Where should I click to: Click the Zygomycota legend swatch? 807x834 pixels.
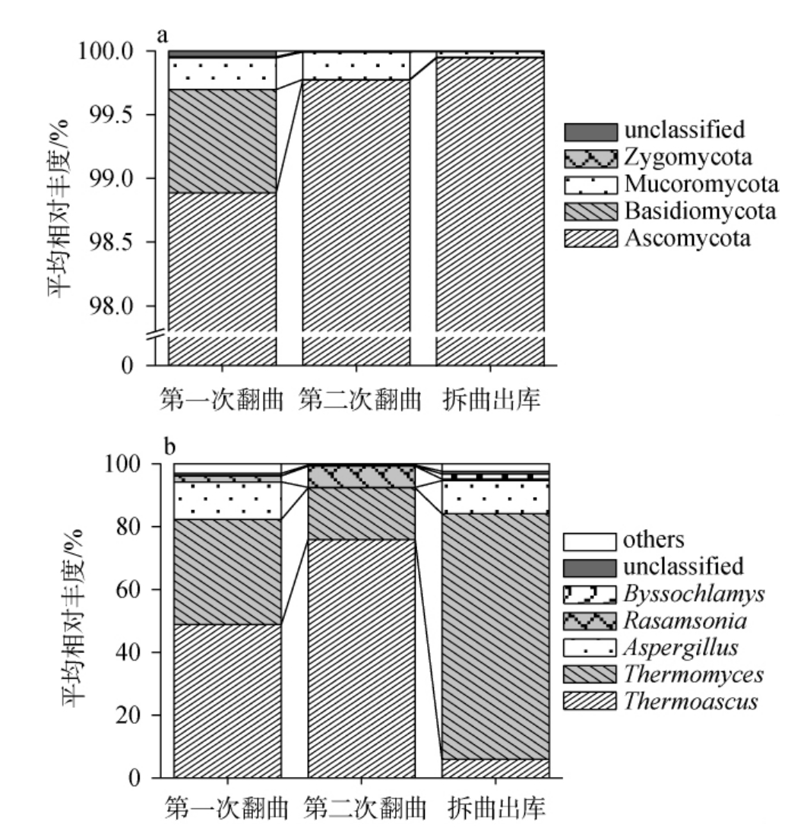click(x=590, y=158)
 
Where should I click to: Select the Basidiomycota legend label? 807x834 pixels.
click(x=700, y=211)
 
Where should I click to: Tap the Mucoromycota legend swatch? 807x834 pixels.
click(x=590, y=185)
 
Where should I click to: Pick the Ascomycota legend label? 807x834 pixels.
click(x=687, y=238)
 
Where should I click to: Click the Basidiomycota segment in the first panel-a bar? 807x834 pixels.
click(x=222, y=141)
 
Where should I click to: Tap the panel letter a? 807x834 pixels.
click(x=162, y=34)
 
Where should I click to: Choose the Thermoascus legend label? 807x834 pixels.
click(x=690, y=701)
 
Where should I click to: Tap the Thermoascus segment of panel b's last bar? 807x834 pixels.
click(x=495, y=768)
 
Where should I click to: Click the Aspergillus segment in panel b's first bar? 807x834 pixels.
click(x=228, y=501)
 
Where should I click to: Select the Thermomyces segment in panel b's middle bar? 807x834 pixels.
click(x=362, y=513)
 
